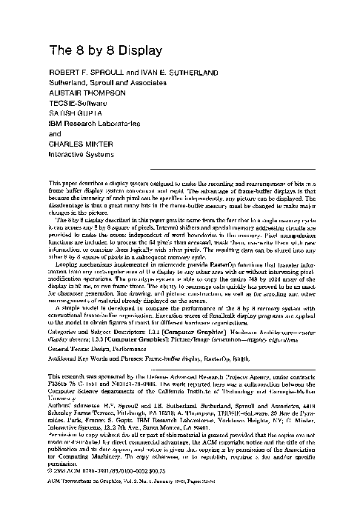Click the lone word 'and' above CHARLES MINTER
56,147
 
